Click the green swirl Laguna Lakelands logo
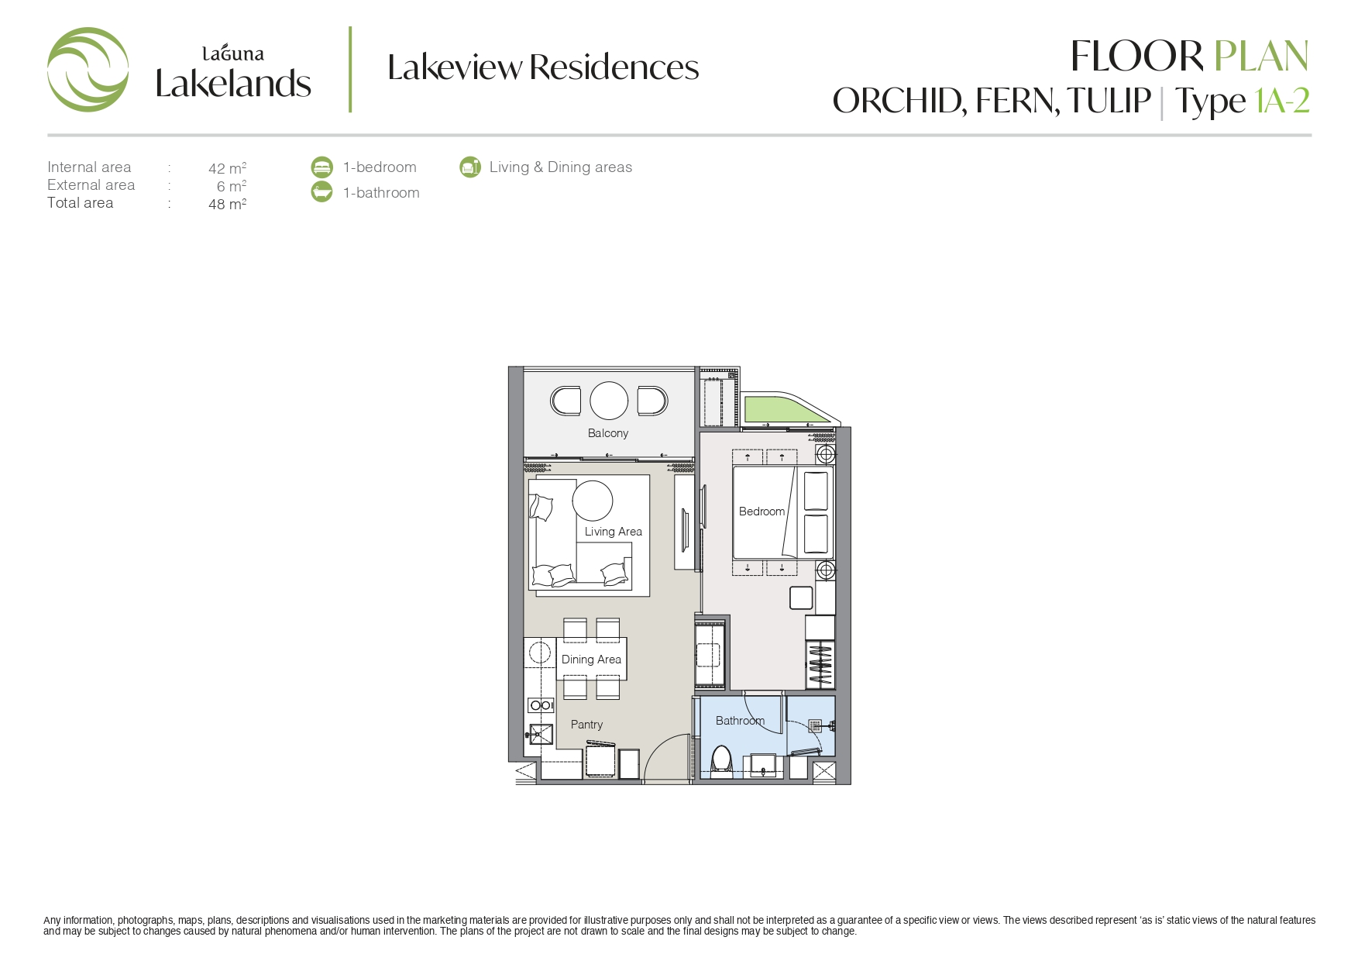click(88, 70)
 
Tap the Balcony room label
click(608, 433)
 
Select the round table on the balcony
click(609, 401)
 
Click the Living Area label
click(614, 532)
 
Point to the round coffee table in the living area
click(593, 500)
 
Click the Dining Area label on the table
click(591, 660)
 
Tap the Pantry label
click(586, 725)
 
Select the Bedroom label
click(762, 511)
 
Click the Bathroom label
click(740, 721)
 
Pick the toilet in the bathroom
click(721, 759)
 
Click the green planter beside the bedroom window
click(778, 408)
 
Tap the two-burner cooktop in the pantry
click(541, 705)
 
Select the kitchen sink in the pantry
click(540, 734)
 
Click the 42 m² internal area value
click(227, 167)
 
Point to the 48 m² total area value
click(227, 204)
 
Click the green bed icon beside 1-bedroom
click(321, 167)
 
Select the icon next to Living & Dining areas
click(470, 167)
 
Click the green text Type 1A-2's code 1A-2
click(1282, 101)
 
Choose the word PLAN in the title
click(1261, 56)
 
